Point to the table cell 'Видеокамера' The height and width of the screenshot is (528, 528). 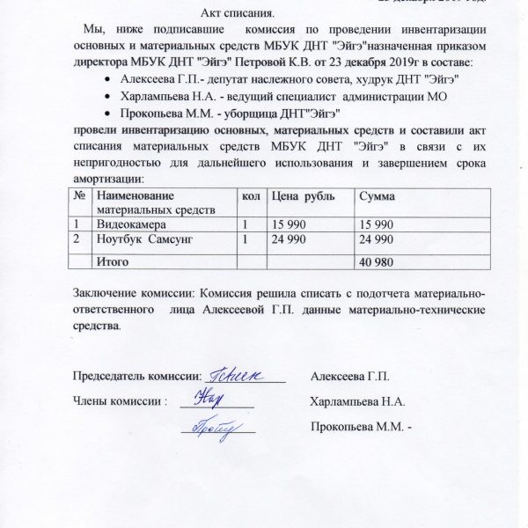point(131,225)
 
